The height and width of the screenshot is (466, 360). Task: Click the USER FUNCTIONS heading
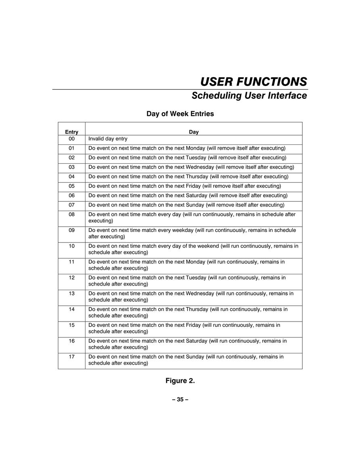pos(253,82)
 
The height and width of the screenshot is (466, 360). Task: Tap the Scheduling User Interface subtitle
pos(249,96)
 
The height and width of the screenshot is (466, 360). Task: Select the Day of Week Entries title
pos(180,114)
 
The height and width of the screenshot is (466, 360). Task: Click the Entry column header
pos(72,132)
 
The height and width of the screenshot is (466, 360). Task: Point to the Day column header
pos(194,132)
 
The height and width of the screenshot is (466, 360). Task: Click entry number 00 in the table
pos(72,139)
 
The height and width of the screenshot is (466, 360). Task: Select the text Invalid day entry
pos(108,139)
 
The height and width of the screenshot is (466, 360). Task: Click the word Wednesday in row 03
pos(200,167)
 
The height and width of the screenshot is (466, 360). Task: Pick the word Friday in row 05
pos(193,186)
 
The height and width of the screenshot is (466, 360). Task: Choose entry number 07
pos(72,205)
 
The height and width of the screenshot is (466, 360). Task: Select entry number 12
pos(72,278)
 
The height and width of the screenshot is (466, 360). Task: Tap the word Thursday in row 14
pos(197,309)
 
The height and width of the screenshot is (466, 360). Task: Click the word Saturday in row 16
pos(197,341)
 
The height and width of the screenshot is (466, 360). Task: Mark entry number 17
pos(72,357)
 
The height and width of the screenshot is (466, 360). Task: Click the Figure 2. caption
pos(180,381)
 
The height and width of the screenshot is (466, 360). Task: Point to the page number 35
pos(180,399)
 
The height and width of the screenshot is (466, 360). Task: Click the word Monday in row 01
pos(196,148)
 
